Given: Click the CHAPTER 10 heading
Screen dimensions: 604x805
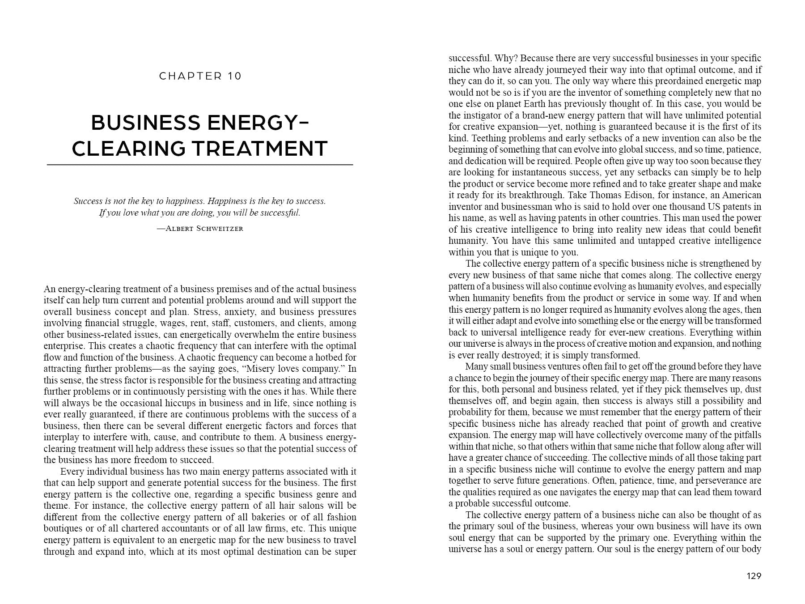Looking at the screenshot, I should tap(200, 76).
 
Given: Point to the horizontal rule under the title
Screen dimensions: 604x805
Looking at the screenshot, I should tap(200, 165).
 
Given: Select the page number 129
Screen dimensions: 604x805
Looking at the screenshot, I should tap(754, 576).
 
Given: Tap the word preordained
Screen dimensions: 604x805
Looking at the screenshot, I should tap(674, 81).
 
